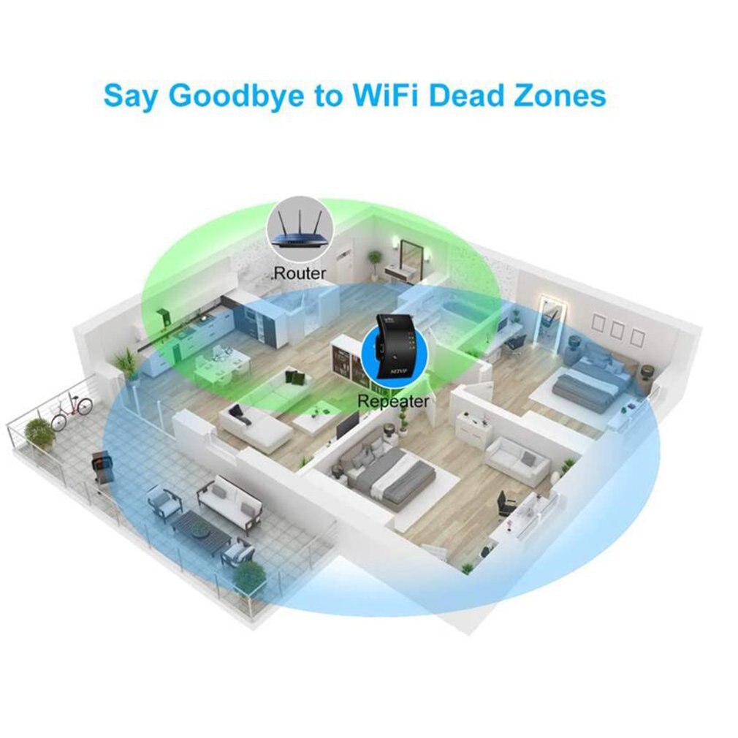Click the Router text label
point(300,274)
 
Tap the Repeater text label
point(393,400)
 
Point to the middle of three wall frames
point(617,330)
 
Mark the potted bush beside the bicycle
point(38,433)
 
